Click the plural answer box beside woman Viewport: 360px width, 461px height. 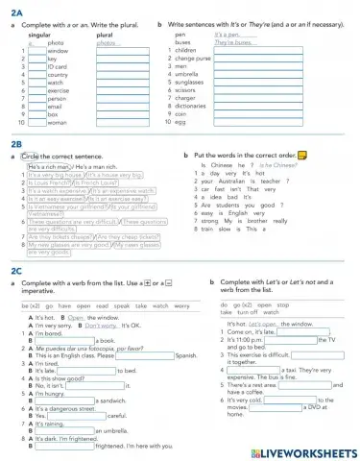pos(120,123)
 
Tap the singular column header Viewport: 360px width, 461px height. pos(40,35)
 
